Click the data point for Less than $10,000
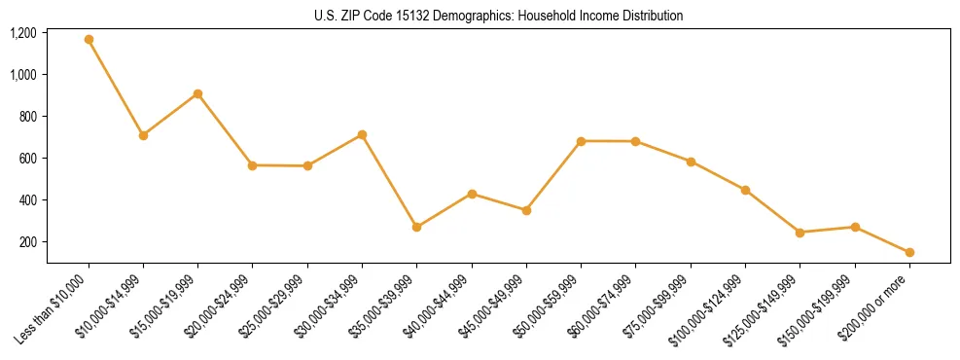pyautogui.click(x=89, y=40)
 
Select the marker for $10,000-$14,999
pyautogui.click(x=143, y=135)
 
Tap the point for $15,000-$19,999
pyautogui.click(x=198, y=93)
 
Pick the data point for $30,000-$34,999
pyautogui.click(x=362, y=134)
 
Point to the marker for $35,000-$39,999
pyautogui.click(x=417, y=227)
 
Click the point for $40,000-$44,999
pyautogui.click(x=472, y=194)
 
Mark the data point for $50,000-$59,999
pyautogui.click(x=581, y=141)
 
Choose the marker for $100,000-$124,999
pyautogui.click(x=745, y=190)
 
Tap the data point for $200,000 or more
pyautogui.click(x=909, y=252)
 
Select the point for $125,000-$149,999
pyautogui.click(x=800, y=233)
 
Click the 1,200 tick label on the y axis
pyautogui.click(x=23, y=33)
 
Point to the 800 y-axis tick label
pyautogui.click(x=27, y=117)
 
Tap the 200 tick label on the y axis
pyautogui.click(x=27, y=242)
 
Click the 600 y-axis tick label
pyautogui.click(x=27, y=159)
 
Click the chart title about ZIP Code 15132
pyautogui.click(x=499, y=16)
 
